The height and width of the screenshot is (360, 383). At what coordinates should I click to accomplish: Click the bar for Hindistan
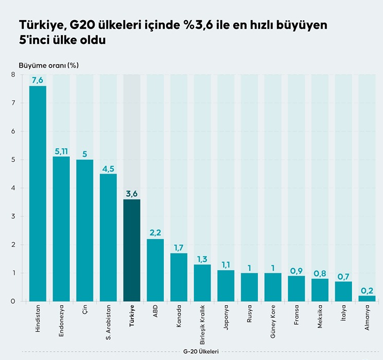tap(38, 194)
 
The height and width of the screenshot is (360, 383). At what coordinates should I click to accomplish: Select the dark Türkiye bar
tap(132, 250)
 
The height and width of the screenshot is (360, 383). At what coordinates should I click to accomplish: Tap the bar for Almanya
tap(367, 298)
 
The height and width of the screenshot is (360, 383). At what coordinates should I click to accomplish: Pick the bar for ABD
tap(156, 270)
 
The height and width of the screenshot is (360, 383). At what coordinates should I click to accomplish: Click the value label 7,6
tap(38, 80)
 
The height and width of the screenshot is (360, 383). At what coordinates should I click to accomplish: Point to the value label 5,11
tap(61, 151)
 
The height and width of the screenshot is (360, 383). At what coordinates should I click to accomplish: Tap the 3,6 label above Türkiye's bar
tap(132, 194)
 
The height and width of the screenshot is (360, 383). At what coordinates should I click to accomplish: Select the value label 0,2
tap(367, 290)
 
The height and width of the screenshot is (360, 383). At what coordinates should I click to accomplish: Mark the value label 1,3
tap(203, 259)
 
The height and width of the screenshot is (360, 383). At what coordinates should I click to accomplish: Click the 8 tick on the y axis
tap(13, 75)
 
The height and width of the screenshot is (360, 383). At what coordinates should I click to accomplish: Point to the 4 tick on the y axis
tap(13, 188)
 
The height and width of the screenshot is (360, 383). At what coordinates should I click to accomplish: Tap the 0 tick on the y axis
tap(13, 301)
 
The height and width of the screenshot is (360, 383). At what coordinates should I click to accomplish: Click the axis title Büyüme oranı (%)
tap(49, 65)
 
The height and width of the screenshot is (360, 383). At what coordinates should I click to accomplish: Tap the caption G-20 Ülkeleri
tap(201, 352)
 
